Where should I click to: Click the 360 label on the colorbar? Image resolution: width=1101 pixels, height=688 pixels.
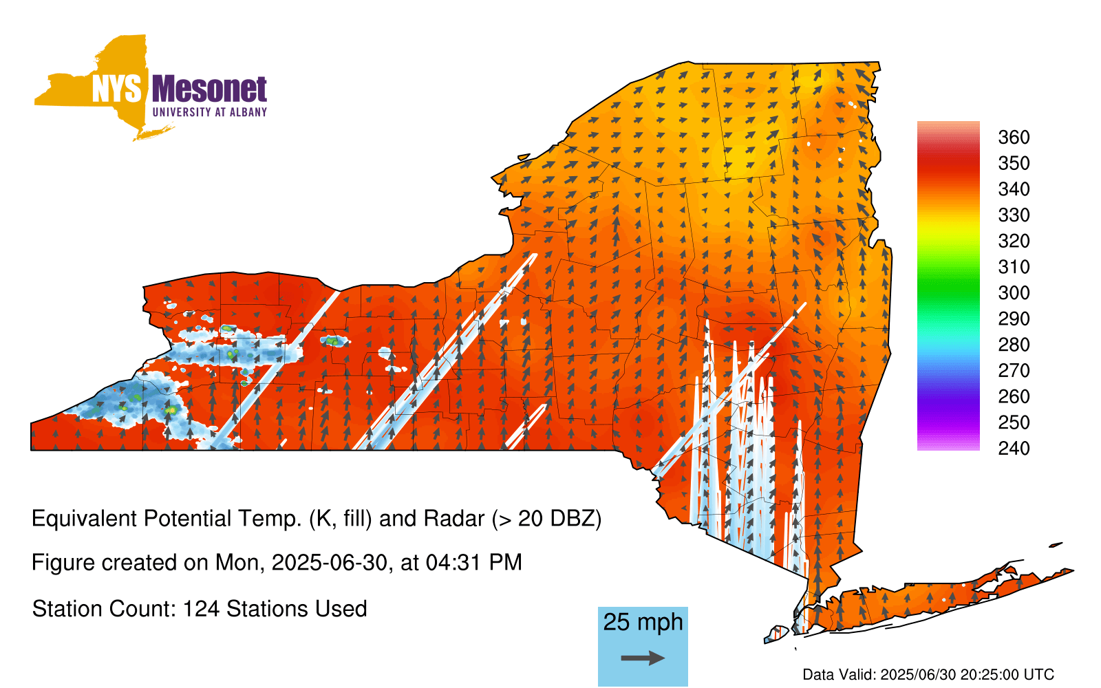1014,137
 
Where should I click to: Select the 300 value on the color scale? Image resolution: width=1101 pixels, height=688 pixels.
1014,293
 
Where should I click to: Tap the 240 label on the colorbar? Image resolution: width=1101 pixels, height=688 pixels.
1014,448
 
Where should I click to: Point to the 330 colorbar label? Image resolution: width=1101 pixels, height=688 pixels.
1014,215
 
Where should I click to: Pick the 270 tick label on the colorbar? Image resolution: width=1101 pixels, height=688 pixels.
1014,371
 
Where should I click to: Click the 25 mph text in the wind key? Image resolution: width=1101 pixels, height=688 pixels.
643,623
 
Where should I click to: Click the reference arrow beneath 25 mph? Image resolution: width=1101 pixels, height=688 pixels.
643,658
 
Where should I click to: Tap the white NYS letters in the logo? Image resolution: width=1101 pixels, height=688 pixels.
116,89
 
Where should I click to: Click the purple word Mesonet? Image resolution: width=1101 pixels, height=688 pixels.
209,89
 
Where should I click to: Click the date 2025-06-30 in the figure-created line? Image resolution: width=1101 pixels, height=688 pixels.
330,563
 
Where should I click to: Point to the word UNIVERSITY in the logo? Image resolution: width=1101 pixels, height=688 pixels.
182,112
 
